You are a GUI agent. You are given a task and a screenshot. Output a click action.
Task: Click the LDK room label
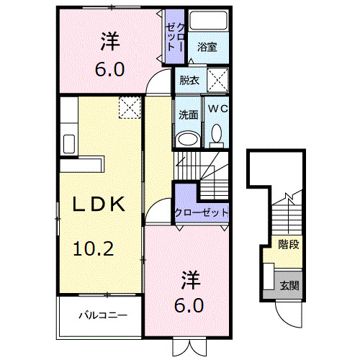coord(101,204)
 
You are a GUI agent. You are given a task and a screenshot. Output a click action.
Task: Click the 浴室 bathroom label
coord(207,47)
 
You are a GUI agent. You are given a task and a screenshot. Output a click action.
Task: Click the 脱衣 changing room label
coord(189,80)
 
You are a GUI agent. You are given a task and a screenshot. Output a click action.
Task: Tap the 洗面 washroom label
coord(189,114)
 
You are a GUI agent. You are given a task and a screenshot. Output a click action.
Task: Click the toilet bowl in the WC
coord(217,133)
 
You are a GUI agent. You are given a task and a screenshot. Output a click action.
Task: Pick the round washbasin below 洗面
coord(189,138)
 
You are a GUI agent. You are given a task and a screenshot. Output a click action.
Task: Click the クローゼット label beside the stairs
coord(202,213)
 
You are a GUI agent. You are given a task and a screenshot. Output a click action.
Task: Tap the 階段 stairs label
coord(289,244)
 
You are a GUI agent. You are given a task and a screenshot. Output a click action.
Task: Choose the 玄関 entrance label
coord(289,285)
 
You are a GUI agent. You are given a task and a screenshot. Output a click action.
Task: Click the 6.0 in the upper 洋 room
coord(110,69)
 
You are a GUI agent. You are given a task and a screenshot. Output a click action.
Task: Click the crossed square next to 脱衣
coord(218,78)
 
